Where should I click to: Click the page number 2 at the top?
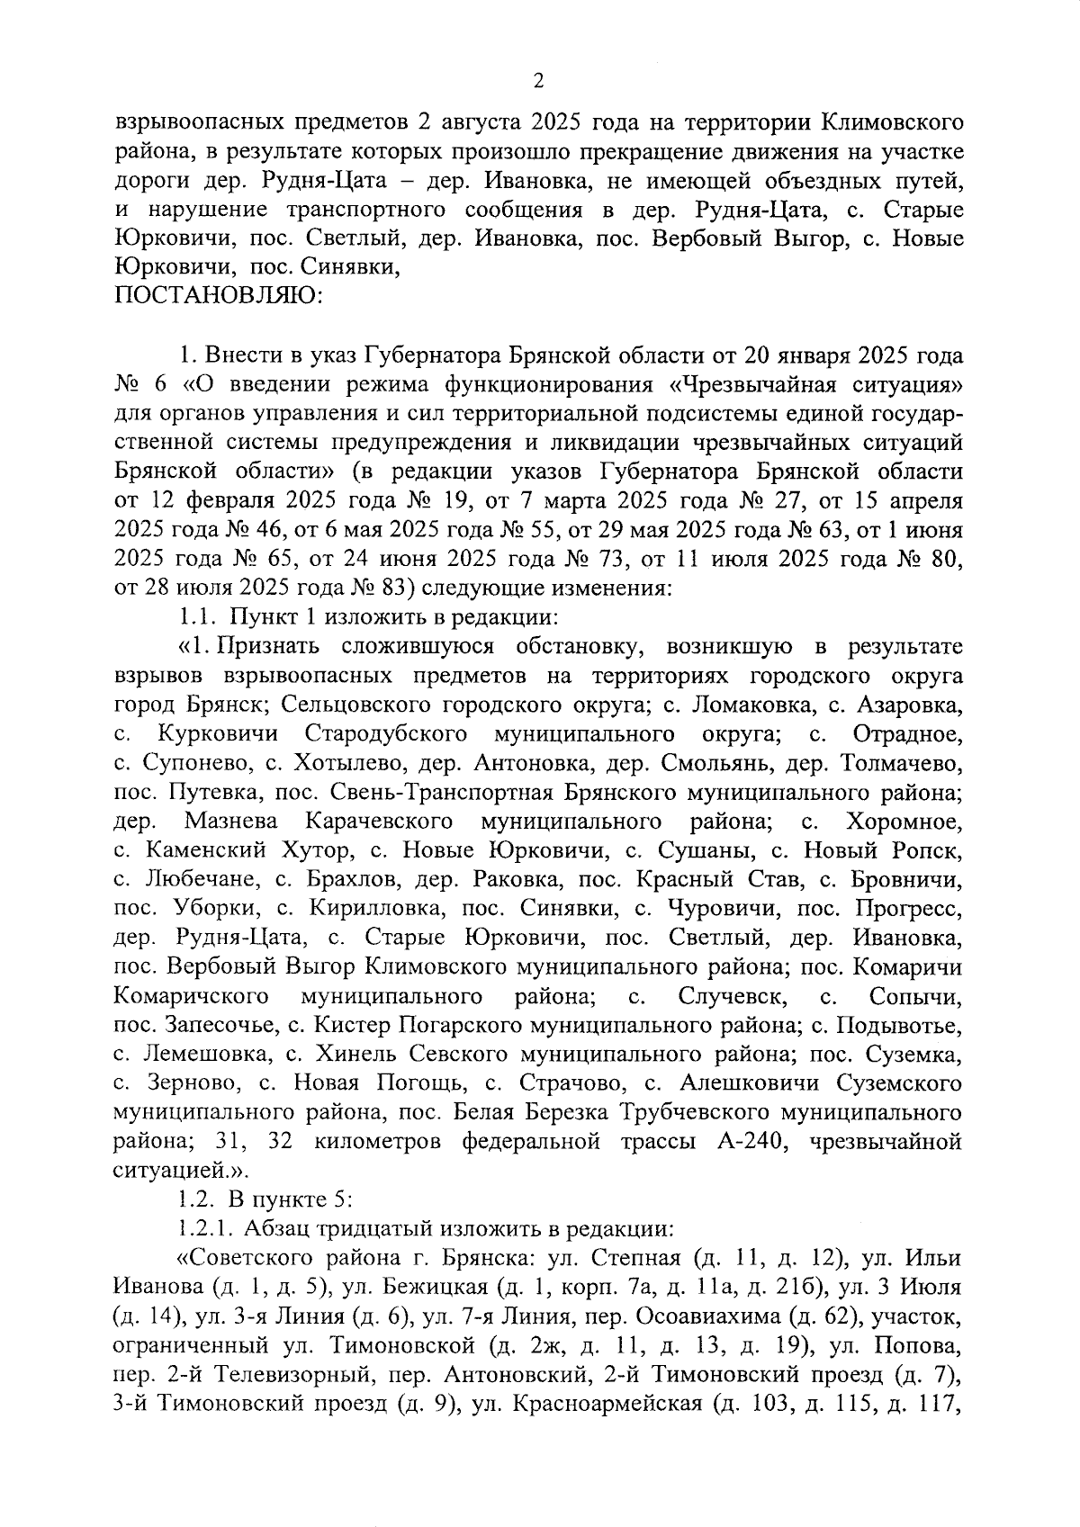[538, 82]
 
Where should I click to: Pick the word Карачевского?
[379, 821]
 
